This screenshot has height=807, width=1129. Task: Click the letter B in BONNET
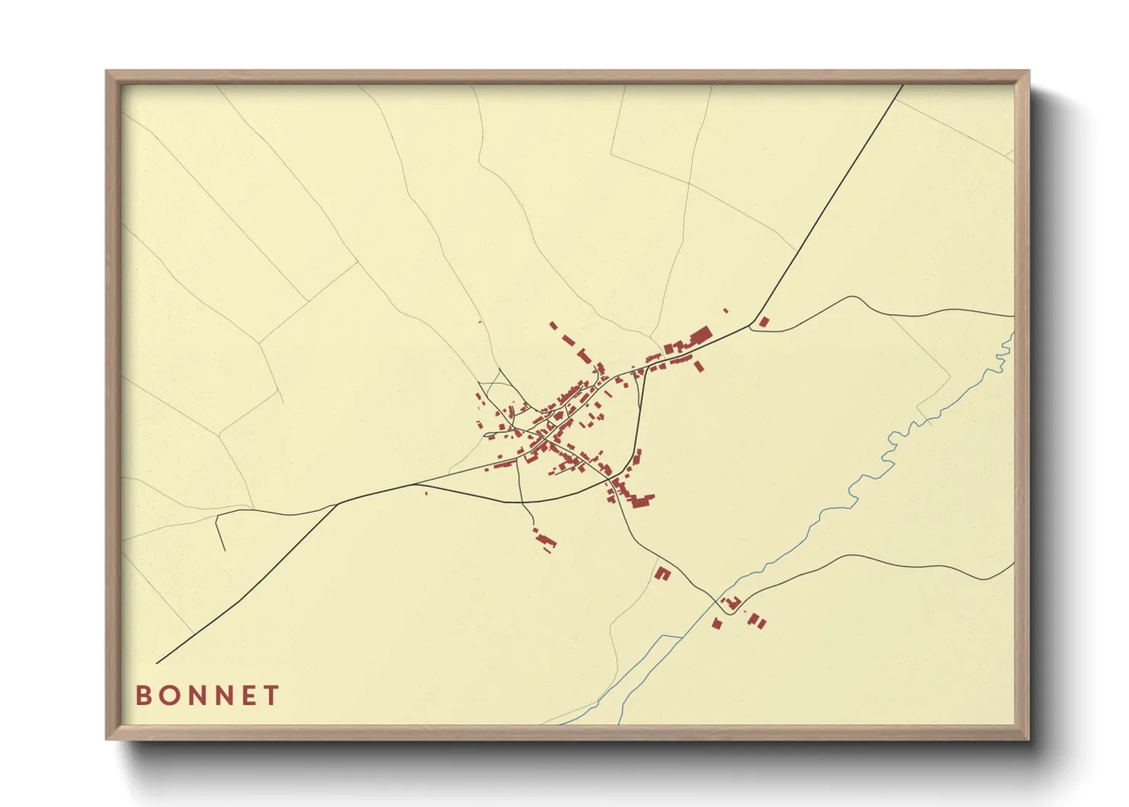[x=143, y=696]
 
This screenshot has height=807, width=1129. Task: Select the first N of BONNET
[x=198, y=696]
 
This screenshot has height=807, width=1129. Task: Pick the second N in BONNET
[x=224, y=696]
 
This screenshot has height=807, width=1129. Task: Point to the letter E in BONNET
[x=249, y=696]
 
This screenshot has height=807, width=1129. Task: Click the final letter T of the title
[x=271, y=696]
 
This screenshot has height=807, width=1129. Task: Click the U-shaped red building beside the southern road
[x=662, y=573]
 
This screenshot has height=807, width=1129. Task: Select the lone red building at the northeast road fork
[x=764, y=322]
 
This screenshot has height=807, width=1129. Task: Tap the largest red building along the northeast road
[x=700, y=336]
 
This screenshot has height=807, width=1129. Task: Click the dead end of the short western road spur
[x=225, y=550]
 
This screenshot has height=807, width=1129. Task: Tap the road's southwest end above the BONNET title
[x=157, y=663]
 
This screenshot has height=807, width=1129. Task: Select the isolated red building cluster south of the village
[x=545, y=541]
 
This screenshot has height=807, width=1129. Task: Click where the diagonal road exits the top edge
[x=902, y=85]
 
